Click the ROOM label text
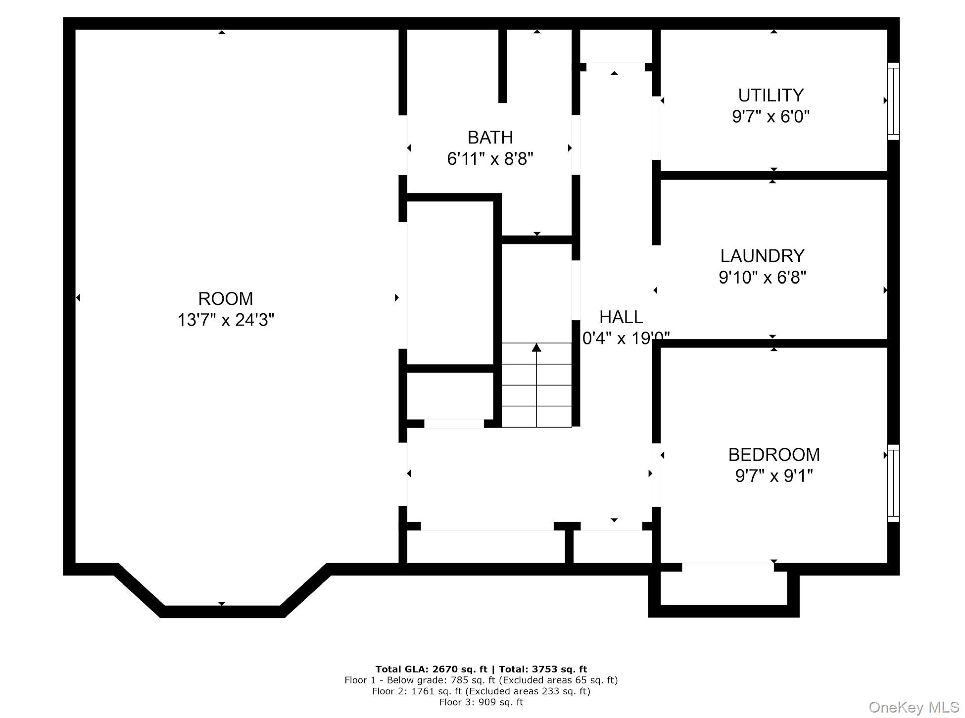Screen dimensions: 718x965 225,299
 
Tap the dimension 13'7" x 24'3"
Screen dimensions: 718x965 226,320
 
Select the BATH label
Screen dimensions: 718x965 490,137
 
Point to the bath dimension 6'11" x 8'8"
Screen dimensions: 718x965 490,159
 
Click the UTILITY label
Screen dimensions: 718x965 771,95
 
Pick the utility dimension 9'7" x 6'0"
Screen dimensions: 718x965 771,117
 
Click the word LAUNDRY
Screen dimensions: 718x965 762,256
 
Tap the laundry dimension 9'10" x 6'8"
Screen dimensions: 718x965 762,278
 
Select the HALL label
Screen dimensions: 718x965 621,317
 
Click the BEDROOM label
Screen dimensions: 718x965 774,454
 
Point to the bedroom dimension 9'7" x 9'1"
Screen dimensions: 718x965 774,476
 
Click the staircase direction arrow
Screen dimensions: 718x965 536,348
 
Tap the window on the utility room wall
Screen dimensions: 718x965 893,101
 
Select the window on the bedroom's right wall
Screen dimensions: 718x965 893,483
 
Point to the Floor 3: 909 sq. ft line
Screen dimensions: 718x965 481,702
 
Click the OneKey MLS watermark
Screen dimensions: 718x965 914,707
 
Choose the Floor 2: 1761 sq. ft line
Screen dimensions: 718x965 481,691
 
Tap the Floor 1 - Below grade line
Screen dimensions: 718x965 481,680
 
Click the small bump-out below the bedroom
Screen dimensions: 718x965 724,589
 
